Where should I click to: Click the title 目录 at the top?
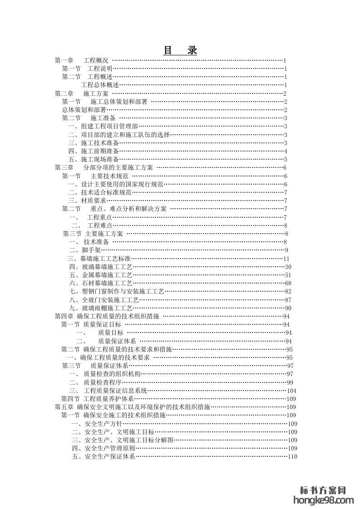tap(180, 50)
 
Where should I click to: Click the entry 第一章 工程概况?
tap(81, 60)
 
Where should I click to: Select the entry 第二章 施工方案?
tap(81, 93)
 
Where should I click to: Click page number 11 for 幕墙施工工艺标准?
tap(286, 259)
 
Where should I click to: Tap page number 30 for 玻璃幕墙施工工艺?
tap(288, 267)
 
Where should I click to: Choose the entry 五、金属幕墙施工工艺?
tap(101, 275)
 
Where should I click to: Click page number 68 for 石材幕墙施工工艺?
tap(288, 283)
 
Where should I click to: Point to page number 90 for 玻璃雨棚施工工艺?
tap(288, 308)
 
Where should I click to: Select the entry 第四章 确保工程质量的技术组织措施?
tap(107, 316)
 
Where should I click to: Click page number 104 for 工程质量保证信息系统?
tap(291, 391)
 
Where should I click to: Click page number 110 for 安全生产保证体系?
tap(292, 456)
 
